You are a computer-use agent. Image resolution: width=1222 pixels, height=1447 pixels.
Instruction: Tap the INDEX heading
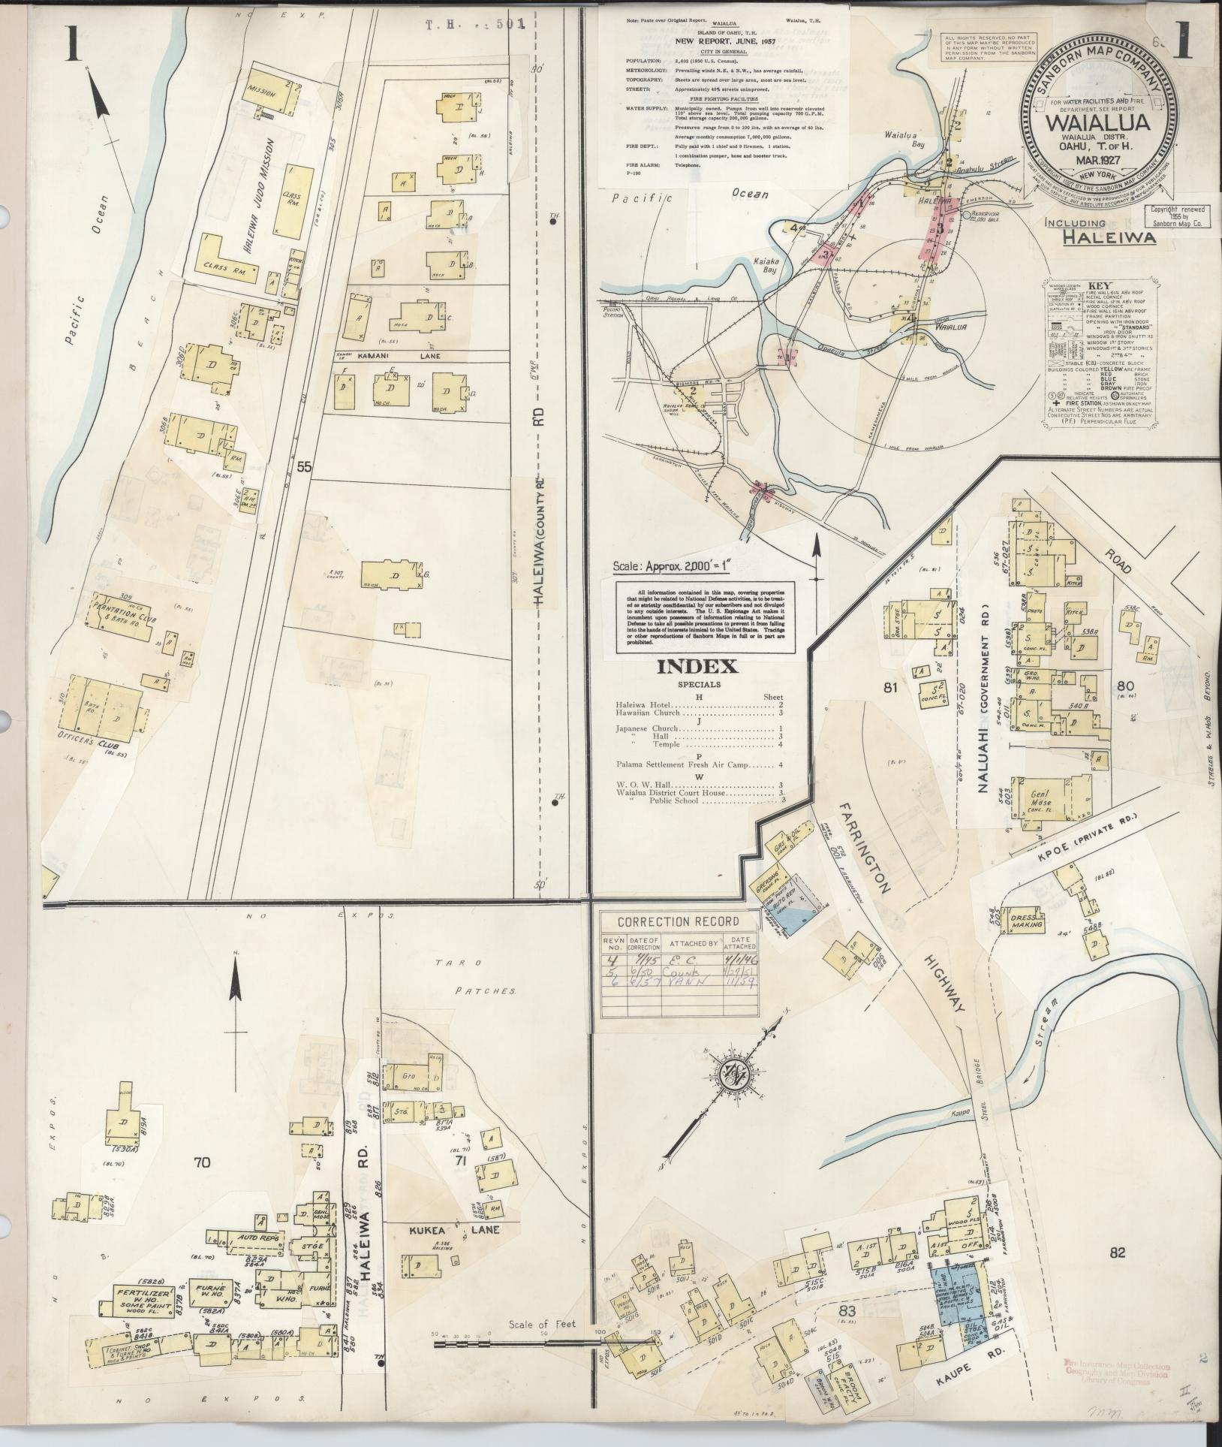pos(697,666)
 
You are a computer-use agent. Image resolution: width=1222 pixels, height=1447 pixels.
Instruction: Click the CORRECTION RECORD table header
pos(678,921)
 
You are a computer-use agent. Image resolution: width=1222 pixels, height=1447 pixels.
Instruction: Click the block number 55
pos(303,466)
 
